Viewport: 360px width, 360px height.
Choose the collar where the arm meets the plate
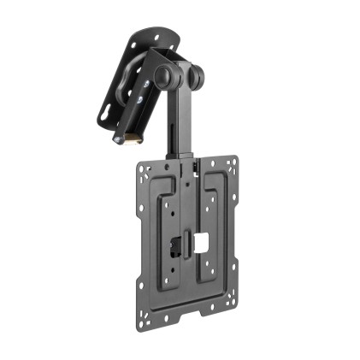click(x=185, y=158)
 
